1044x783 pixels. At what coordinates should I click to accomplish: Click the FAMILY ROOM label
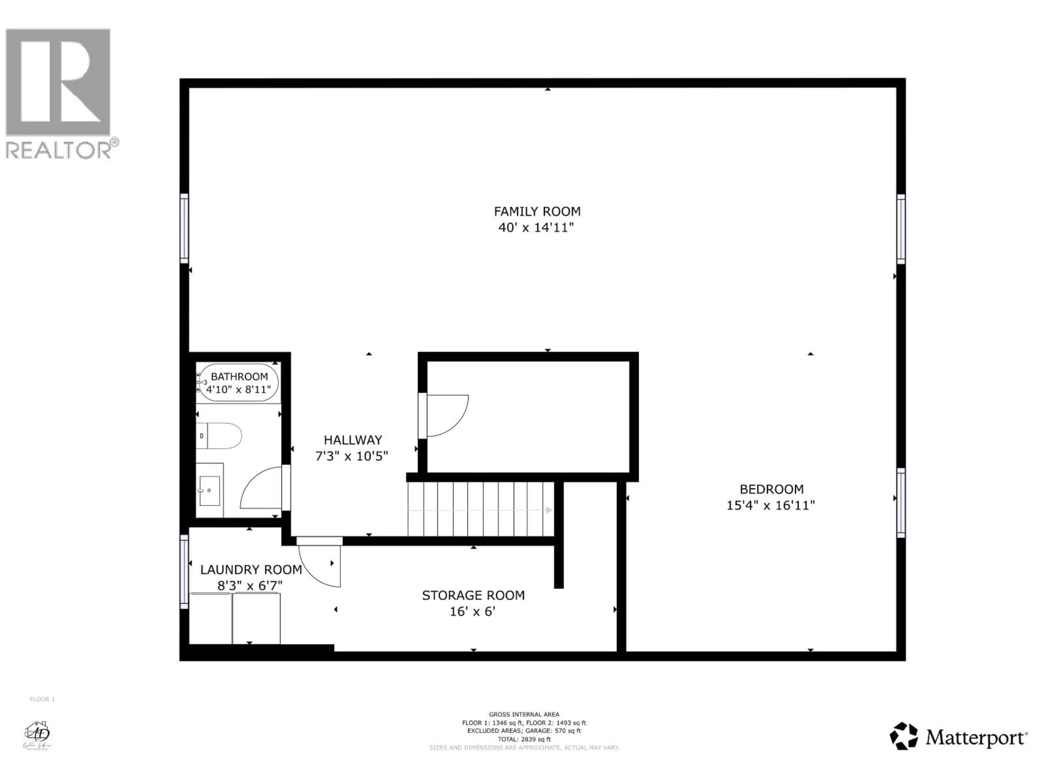coord(537,212)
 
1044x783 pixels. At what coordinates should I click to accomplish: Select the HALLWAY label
coord(353,440)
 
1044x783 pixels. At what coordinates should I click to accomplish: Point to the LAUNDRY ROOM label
coord(251,570)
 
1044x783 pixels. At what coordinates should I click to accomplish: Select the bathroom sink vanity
coord(210,490)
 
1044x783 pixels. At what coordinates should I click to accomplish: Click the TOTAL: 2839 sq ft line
coord(524,739)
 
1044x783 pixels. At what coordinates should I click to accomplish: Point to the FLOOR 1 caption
coord(42,699)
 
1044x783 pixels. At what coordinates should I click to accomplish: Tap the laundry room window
coord(184,571)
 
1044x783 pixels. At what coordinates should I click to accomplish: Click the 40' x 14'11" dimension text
coord(536,228)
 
